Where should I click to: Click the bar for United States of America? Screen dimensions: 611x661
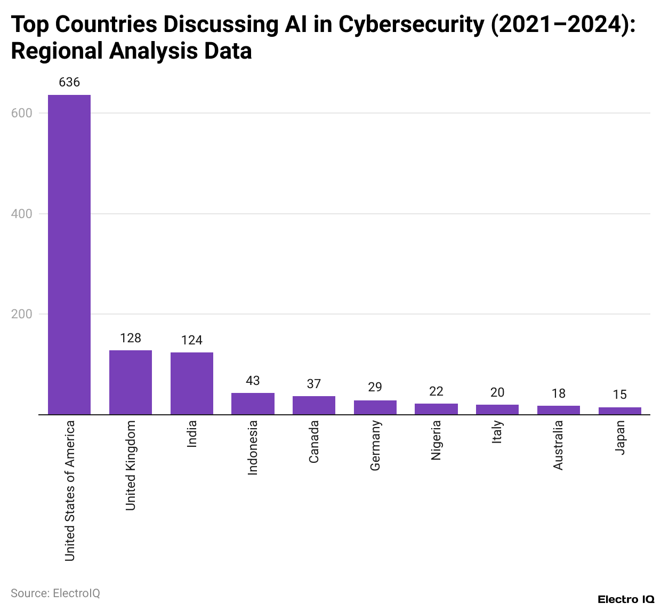pyautogui.click(x=69, y=254)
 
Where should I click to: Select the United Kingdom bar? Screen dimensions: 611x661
pyautogui.click(x=131, y=382)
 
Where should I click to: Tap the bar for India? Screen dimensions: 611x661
pyautogui.click(x=192, y=383)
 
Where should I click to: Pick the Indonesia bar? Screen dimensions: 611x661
pyautogui.click(x=253, y=404)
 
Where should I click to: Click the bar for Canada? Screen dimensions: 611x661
pyautogui.click(x=314, y=405)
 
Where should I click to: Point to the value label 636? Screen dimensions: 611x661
pyautogui.click(x=69, y=82)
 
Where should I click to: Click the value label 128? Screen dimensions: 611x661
pyautogui.click(x=131, y=338)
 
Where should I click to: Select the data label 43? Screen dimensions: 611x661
pyautogui.click(x=253, y=381)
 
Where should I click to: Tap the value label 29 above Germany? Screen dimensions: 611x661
pyautogui.click(x=375, y=387)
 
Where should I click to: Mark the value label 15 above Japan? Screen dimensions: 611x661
pyautogui.click(x=620, y=395)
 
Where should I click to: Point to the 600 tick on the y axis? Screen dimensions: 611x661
pyautogui.click(x=22, y=113)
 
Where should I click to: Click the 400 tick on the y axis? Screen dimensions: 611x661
pyautogui.click(x=22, y=214)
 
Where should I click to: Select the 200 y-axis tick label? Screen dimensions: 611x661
pyautogui.click(x=22, y=314)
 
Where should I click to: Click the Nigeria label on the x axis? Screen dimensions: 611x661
pyautogui.click(x=436, y=440)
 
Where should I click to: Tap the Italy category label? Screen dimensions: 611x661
pyautogui.click(x=497, y=432)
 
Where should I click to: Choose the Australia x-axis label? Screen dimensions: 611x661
pyautogui.click(x=558, y=445)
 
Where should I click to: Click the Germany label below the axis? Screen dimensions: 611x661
pyautogui.click(x=375, y=445)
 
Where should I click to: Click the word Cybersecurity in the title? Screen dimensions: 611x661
pyautogui.click(x=410, y=25)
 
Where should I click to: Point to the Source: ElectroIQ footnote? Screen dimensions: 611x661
pyautogui.click(x=55, y=593)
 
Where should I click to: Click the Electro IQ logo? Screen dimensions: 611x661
pyautogui.click(x=626, y=599)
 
